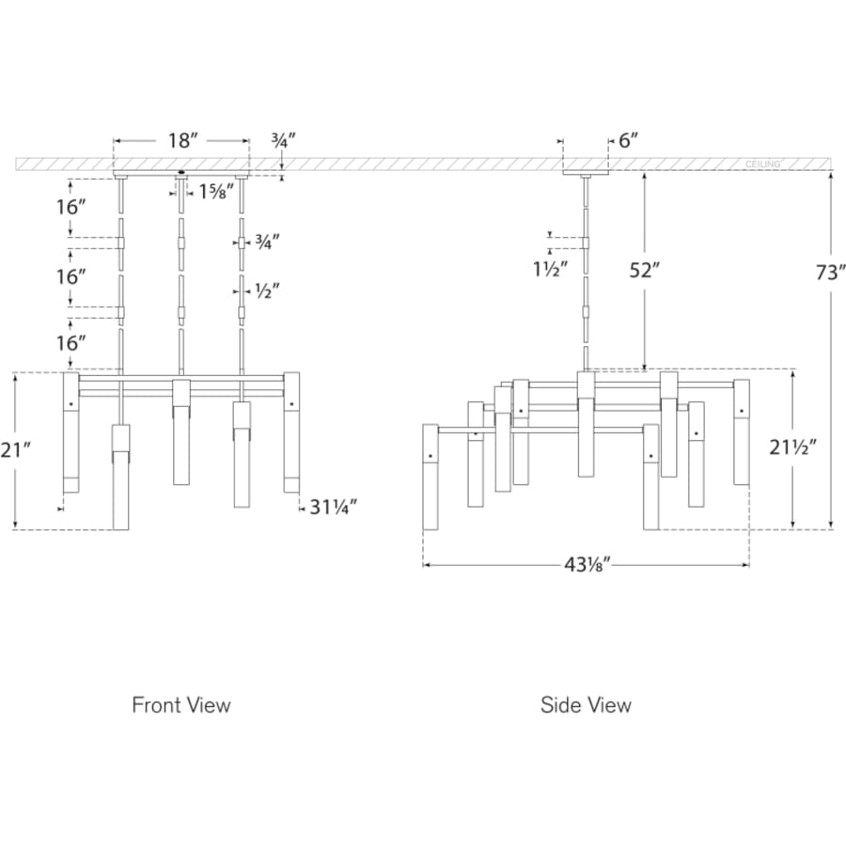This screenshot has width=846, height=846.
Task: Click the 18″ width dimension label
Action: click(x=180, y=141)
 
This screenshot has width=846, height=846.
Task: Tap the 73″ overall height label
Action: click(x=830, y=273)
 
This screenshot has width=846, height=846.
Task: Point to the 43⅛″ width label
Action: click(x=587, y=565)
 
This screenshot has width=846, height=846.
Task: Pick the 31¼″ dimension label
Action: click(x=334, y=508)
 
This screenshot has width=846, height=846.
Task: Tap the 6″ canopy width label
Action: click(x=629, y=141)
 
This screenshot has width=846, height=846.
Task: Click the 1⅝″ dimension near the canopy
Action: click(x=216, y=191)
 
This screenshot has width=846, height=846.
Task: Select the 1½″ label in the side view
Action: click(x=551, y=269)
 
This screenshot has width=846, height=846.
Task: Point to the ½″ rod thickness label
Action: click(x=267, y=291)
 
